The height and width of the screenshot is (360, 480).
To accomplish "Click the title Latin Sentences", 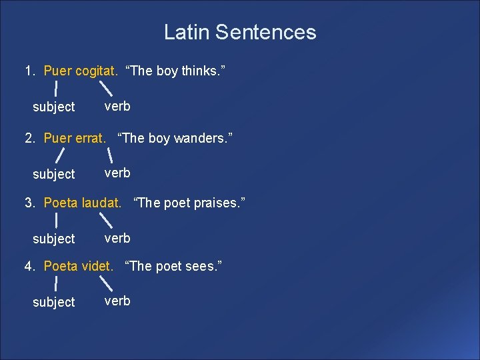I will pos(240,32).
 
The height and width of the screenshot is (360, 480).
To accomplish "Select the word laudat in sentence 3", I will pos(101,202).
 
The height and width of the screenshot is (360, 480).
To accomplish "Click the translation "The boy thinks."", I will pos(175,71).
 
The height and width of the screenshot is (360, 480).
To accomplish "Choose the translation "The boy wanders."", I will pos(175,139).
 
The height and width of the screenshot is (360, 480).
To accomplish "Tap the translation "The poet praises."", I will pos(189,202).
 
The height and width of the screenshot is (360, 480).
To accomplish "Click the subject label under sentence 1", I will pos(54,107).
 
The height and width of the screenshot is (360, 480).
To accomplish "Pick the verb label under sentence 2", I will pos(117,173).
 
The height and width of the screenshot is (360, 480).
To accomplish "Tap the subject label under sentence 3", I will pos(54,238).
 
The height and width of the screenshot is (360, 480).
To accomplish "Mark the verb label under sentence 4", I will pos(117,301).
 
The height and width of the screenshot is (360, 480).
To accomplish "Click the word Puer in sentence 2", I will pos(57,139).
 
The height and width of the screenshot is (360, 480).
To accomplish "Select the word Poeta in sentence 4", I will pos(61,266).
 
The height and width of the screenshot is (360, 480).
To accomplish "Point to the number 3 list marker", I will pos(29,202).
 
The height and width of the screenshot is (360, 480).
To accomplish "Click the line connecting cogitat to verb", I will pos(105,87).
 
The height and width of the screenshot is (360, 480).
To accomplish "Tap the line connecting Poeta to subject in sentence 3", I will pos(56,219).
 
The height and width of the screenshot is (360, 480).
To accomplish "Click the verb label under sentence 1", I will pos(117,106).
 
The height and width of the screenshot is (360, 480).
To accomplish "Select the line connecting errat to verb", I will pos(108,155).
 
